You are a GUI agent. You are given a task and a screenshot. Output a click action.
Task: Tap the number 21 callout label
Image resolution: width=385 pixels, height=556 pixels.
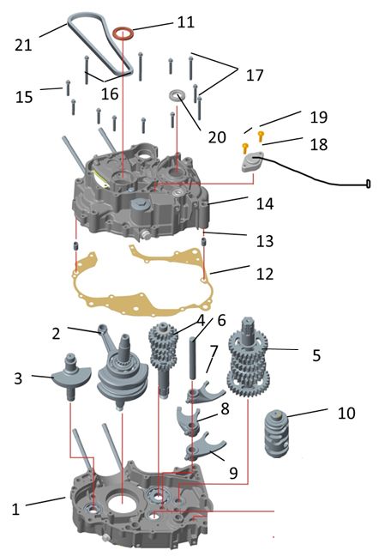pos(23,45)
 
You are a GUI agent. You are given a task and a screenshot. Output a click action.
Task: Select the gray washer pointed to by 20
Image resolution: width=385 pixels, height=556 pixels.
pos(177,95)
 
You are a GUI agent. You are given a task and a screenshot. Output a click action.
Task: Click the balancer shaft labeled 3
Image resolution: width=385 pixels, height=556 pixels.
pos(72,375)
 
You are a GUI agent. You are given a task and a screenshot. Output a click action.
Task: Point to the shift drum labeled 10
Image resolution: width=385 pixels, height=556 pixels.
pos(277,433)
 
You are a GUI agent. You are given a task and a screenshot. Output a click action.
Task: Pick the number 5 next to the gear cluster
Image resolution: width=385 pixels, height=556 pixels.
pos(316,355)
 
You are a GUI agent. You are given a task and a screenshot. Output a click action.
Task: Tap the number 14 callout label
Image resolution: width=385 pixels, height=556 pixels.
pos(265,204)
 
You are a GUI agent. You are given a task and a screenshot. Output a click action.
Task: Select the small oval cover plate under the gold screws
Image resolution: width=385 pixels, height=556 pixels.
pos(253,162)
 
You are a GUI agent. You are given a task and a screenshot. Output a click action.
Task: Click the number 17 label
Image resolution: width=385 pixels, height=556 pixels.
pos(255,75)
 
